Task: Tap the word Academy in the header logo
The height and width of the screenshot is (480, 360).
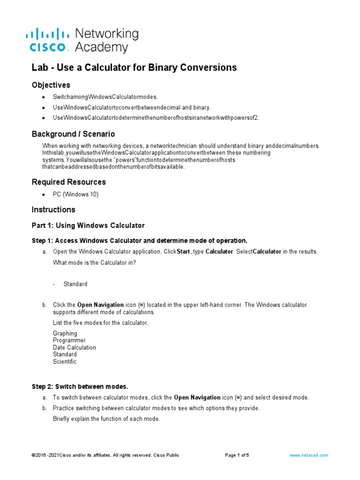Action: pos(101,47)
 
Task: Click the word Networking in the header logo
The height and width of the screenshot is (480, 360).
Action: pos(107,34)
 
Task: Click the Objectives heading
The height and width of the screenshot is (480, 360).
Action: pos(51,85)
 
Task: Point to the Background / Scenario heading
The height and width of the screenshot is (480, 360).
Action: pos(73,134)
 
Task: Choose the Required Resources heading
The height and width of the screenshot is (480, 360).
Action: pos(68,182)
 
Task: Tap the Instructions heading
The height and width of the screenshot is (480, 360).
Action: pos(53,210)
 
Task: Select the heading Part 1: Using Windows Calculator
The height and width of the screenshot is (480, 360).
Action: pos(88,225)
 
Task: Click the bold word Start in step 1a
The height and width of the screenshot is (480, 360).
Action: pos(183,252)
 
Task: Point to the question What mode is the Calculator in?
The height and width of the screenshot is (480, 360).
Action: pos(94,262)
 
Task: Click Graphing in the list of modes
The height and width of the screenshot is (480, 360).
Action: pos(65,334)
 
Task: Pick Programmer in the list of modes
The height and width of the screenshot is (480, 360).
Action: pos(69,341)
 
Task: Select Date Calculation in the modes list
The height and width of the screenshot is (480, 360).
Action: pos(74,348)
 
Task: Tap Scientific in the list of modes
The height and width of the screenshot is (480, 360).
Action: pos(65,362)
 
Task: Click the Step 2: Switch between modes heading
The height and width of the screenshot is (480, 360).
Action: pos(80,387)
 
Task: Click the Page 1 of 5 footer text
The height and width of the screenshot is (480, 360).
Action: pos(237,455)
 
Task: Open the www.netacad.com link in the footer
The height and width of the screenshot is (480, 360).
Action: pos(308,455)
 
